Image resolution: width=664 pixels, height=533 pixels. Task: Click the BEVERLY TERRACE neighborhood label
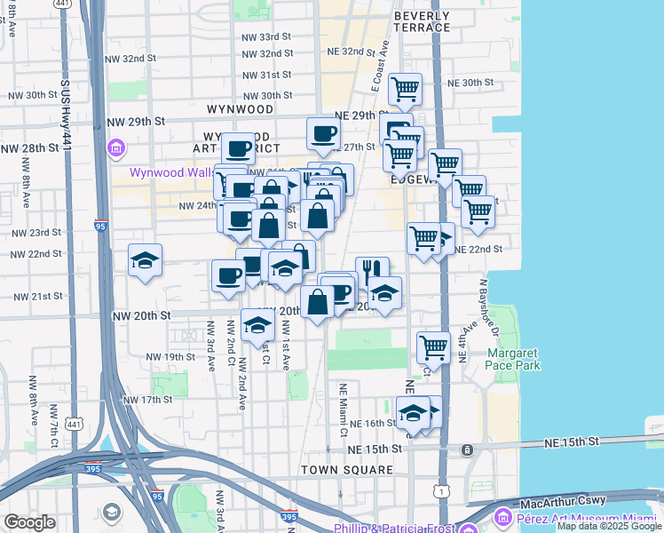pyautogui.click(x=422, y=21)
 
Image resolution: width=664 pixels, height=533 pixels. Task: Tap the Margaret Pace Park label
pyautogui.click(x=512, y=359)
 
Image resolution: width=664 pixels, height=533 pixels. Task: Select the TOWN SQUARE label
pyautogui.click(x=346, y=469)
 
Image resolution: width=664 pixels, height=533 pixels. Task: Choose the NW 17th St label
pyautogui.click(x=146, y=400)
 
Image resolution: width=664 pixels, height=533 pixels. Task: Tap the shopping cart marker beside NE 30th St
pyautogui.click(x=405, y=88)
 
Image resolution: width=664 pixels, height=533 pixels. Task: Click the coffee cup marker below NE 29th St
pyautogui.click(x=323, y=133)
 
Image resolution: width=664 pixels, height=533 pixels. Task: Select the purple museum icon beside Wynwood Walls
pyautogui.click(x=115, y=147)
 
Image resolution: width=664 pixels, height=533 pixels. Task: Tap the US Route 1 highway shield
pyautogui.click(x=441, y=491)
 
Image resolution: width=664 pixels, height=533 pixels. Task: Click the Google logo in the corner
pyautogui.click(x=30, y=522)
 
